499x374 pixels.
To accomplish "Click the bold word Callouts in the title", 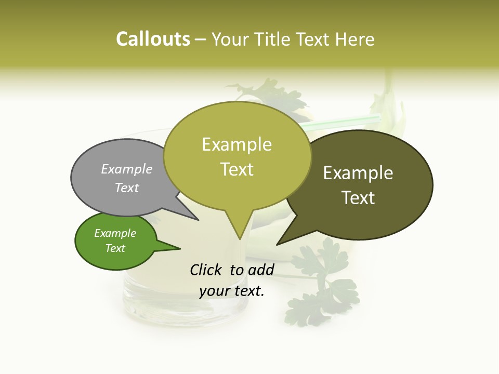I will (x=153, y=39).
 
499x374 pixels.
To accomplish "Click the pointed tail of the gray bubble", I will (x=198, y=220).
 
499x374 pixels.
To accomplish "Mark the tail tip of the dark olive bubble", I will (x=278, y=244).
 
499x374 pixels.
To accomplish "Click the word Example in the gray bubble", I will (x=127, y=169).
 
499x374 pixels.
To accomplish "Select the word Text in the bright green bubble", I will (x=115, y=248).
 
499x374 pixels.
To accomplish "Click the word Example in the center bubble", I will (x=237, y=144).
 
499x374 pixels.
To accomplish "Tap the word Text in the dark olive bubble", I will (x=359, y=198).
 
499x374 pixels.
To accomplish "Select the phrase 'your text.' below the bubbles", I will (x=232, y=290).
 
